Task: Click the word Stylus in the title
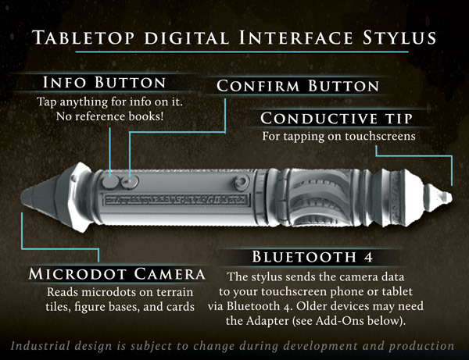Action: point(399,37)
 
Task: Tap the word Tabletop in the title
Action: point(84,37)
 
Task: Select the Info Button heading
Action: point(104,82)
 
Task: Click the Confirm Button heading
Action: point(298,86)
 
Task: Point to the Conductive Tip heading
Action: point(336,118)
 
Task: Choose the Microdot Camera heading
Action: point(117,274)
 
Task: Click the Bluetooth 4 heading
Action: point(313,257)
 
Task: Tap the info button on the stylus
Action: point(110,182)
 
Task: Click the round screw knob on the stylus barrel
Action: point(242,182)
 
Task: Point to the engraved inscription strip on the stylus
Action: point(176,200)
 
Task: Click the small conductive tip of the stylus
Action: point(446,197)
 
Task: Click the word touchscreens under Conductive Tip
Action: point(380,136)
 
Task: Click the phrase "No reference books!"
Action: point(109,116)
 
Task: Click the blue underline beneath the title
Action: point(242,52)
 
